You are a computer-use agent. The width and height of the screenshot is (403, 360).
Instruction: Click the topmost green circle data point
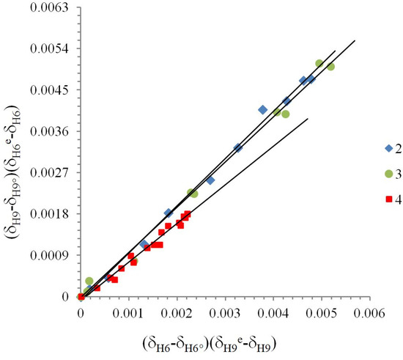click(319, 64)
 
